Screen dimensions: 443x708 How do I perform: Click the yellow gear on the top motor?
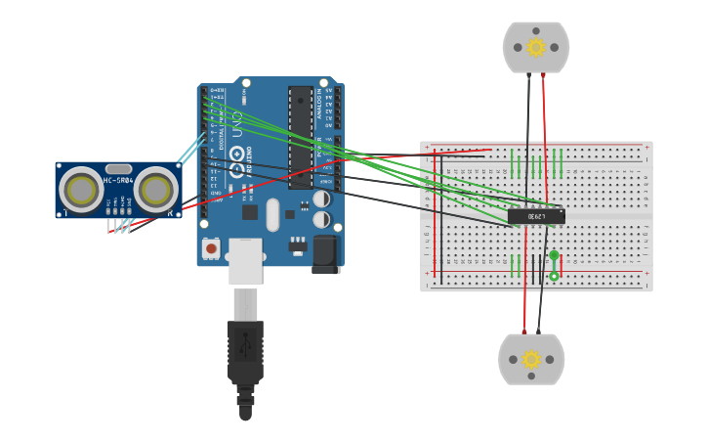[x=535, y=47]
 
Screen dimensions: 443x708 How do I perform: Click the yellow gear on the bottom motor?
[x=531, y=359]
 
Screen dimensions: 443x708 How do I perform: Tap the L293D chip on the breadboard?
[x=535, y=216]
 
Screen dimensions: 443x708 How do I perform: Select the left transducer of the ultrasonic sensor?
[x=80, y=191]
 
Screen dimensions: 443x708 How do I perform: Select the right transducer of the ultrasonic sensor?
[x=155, y=191]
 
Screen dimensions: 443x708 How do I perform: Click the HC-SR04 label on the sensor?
[x=118, y=180]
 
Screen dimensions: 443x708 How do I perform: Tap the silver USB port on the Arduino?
[x=245, y=261]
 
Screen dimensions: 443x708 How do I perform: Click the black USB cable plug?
[x=245, y=352]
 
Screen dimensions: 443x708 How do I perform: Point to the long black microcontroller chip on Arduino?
[x=301, y=137]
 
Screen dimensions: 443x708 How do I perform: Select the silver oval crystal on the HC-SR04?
[x=118, y=169]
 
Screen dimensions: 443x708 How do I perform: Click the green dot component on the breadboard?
[x=554, y=256]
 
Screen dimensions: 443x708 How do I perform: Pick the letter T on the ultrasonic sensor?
[x=65, y=213]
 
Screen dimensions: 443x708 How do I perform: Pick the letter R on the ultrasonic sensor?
[x=170, y=213]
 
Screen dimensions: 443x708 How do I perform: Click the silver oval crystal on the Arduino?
[x=272, y=214]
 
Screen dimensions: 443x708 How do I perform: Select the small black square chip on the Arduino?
[x=250, y=212]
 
